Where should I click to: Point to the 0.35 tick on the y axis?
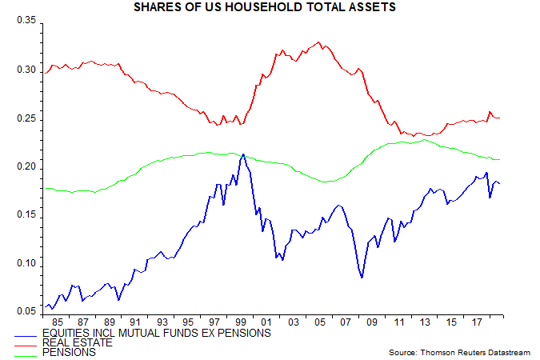click(26, 21)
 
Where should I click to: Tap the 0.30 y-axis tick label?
click(26, 70)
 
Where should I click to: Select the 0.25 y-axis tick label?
click(26, 118)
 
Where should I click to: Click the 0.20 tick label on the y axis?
click(26, 166)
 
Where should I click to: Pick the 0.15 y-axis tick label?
click(26, 215)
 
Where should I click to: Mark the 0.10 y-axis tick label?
click(26, 263)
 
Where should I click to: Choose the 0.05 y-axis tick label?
click(26, 312)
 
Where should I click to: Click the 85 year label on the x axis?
click(58, 322)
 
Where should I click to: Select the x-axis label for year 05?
click(320, 322)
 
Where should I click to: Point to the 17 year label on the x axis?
click(478, 322)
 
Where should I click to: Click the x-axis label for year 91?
click(136, 322)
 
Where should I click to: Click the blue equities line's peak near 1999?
click(242, 154)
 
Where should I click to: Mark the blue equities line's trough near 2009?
click(362, 278)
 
